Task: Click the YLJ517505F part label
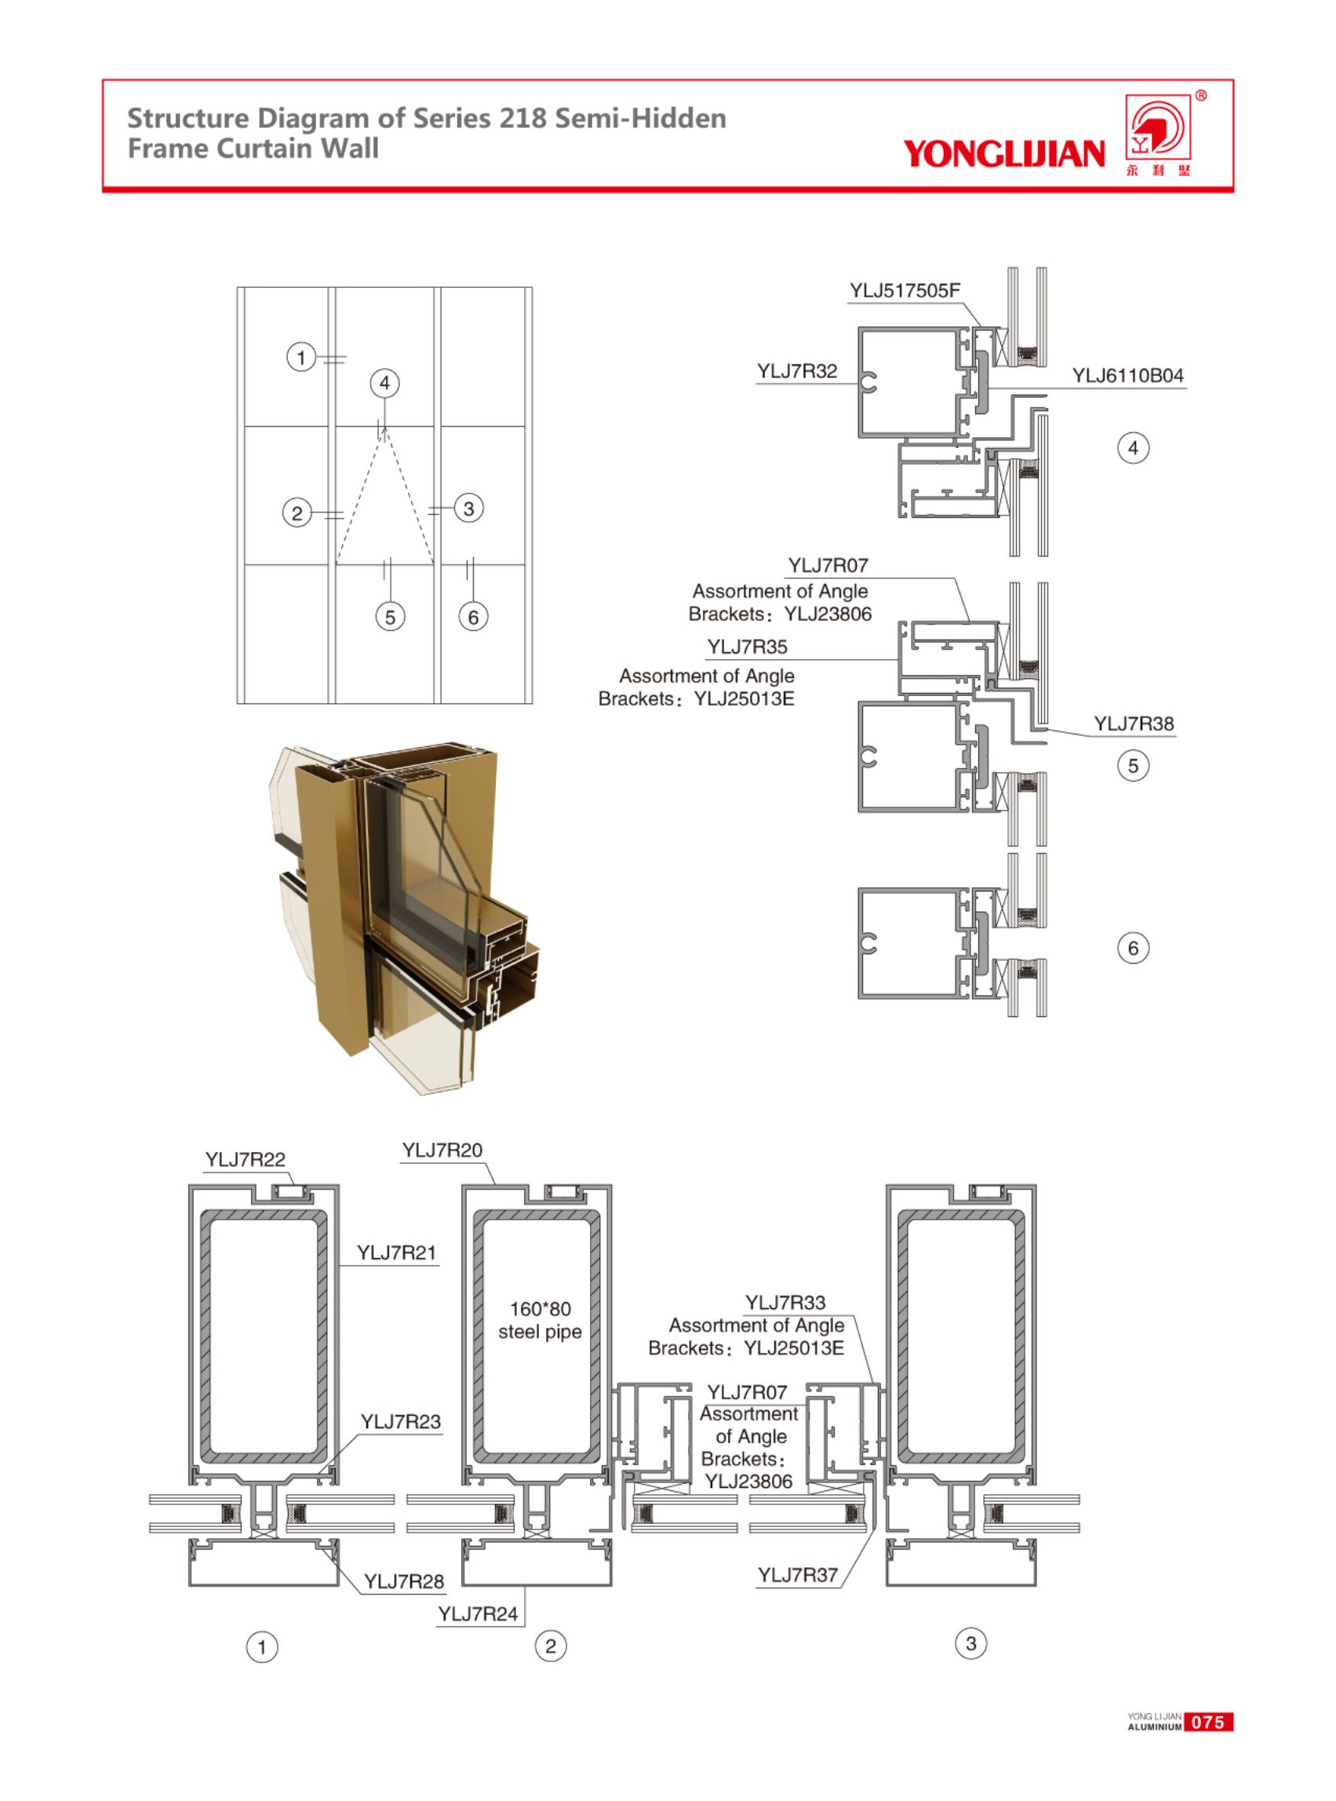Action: point(905,291)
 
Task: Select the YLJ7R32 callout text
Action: point(796,371)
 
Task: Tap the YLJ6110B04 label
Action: point(1127,375)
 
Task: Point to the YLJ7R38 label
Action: point(1133,724)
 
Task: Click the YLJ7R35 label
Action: point(746,647)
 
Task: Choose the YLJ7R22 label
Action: point(245,1159)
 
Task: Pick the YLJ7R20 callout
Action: point(442,1150)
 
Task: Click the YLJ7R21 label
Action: point(396,1252)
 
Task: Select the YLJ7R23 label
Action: point(400,1421)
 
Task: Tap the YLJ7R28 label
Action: point(403,1581)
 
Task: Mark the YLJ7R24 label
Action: point(477,1614)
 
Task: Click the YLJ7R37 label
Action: point(796,1575)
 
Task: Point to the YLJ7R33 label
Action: point(784,1302)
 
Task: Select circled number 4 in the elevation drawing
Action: point(385,383)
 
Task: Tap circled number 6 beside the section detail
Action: point(1132,948)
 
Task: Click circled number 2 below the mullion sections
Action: point(551,1646)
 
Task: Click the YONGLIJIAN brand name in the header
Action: point(1003,153)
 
